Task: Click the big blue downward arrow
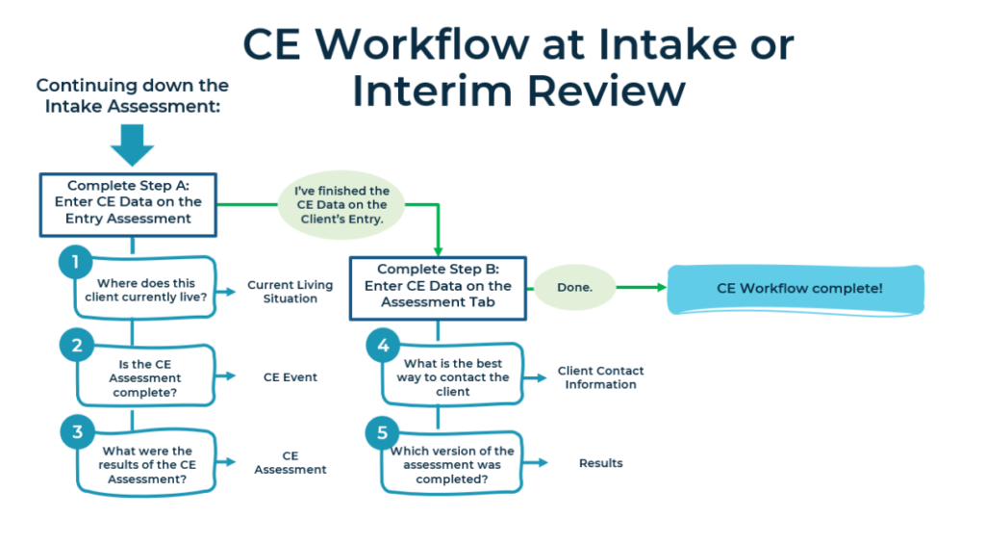[x=132, y=144]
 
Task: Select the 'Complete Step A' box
[x=129, y=204]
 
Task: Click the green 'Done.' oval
[x=574, y=287]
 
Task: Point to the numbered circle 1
[x=75, y=262]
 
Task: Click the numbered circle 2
[x=75, y=345]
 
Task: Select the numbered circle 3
[x=75, y=431]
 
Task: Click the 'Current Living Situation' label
[x=290, y=292]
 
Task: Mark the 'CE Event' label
[x=290, y=377]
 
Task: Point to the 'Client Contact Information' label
[x=600, y=377]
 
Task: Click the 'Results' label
[x=600, y=463]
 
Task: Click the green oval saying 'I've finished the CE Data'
[x=341, y=204]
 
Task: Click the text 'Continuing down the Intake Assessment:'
[x=132, y=95]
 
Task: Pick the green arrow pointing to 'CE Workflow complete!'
[x=640, y=287]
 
